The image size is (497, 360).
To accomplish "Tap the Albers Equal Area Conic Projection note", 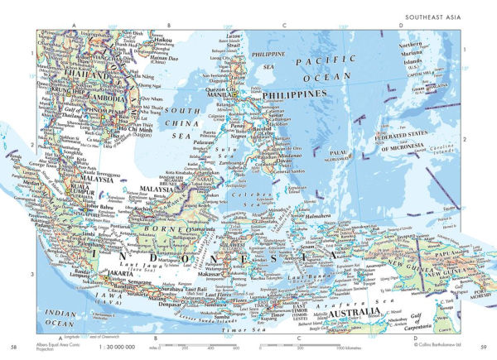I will click(52, 346).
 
